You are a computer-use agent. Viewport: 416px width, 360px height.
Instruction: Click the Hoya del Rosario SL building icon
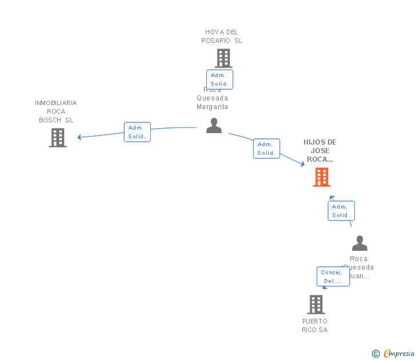(223, 58)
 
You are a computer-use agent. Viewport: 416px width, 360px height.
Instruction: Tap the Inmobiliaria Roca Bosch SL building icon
(58, 138)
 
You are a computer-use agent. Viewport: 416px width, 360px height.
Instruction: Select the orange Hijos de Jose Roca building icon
(322, 177)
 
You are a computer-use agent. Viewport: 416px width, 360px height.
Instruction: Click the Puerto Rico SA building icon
(315, 305)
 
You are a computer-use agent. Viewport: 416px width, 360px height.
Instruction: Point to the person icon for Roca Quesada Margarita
(214, 126)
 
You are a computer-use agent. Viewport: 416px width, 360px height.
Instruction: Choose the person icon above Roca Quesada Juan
(359, 243)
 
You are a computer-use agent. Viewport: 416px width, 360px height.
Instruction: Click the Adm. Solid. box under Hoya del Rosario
(219, 79)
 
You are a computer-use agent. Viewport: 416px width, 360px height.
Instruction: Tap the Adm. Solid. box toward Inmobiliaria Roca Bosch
(137, 132)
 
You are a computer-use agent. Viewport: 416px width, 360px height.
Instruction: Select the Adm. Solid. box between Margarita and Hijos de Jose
(266, 149)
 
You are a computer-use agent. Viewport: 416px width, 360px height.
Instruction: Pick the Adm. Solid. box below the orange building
(341, 211)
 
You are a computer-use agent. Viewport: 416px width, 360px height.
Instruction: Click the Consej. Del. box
(333, 277)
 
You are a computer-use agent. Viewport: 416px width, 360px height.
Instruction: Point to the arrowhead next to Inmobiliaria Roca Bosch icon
(80, 137)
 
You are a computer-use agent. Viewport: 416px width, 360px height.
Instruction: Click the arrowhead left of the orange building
(302, 164)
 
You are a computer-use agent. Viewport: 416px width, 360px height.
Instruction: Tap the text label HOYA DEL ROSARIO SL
(222, 36)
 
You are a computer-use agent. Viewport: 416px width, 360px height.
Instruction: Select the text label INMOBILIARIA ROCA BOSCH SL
(56, 111)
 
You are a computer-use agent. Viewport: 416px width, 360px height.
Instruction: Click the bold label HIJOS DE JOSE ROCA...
(320, 151)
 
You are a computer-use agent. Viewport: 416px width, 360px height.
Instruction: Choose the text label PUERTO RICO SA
(315, 325)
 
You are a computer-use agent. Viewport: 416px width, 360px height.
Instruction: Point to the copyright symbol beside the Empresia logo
(376, 354)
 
